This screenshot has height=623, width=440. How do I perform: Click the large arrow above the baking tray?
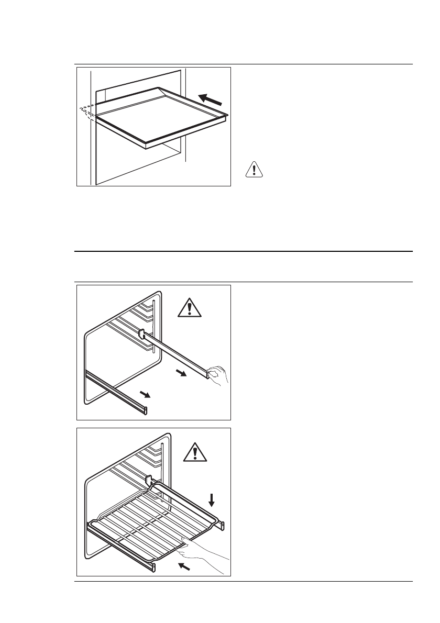coord(214,98)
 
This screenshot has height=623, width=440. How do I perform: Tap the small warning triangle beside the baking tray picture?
coord(254,170)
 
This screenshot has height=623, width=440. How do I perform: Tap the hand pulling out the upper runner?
coord(218,376)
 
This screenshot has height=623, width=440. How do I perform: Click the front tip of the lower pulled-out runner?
coord(145,410)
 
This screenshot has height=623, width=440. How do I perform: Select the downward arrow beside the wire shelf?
coord(212,501)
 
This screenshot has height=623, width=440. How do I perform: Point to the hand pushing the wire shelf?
coord(204,550)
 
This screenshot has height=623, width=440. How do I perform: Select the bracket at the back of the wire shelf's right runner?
coord(149,479)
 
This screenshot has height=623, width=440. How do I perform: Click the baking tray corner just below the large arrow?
coord(226,115)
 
